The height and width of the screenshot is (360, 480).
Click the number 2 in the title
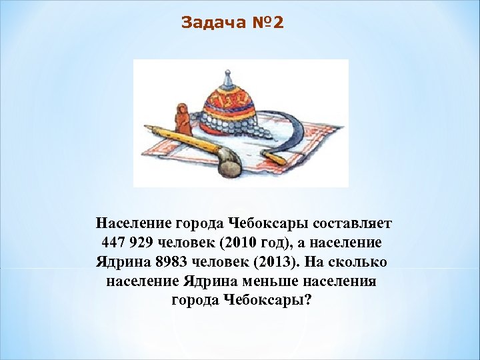(278, 23)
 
